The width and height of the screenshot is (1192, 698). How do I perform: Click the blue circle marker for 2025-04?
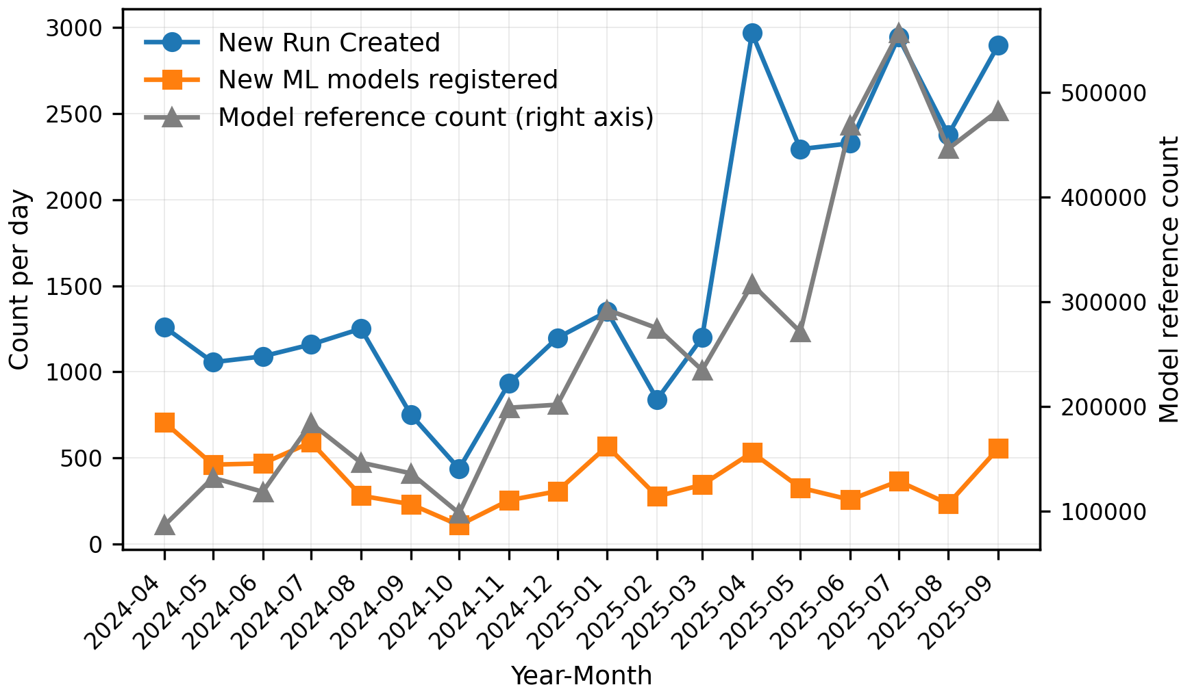[x=752, y=33]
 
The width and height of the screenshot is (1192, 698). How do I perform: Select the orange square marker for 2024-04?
[x=164, y=422]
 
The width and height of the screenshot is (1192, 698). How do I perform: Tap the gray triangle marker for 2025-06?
[x=850, y=126]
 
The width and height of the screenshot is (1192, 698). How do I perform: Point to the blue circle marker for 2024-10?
[x=459, y=469]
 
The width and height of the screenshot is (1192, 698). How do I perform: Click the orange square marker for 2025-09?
[x=998, y=449]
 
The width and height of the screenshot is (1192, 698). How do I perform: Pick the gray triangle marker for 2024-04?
[x=164, y=526]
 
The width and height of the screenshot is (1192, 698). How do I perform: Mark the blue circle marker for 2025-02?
[x=657, y=400]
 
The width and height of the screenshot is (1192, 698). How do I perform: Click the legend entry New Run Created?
[x=329, y=43]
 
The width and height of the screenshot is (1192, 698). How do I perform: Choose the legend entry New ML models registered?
[x=388, y=80]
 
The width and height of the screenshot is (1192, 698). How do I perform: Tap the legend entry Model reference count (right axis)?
[x=436, y=118]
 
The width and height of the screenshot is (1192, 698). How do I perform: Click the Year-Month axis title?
[x=582, y=676]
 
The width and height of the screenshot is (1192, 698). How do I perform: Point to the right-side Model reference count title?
[x=1169, y=279]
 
